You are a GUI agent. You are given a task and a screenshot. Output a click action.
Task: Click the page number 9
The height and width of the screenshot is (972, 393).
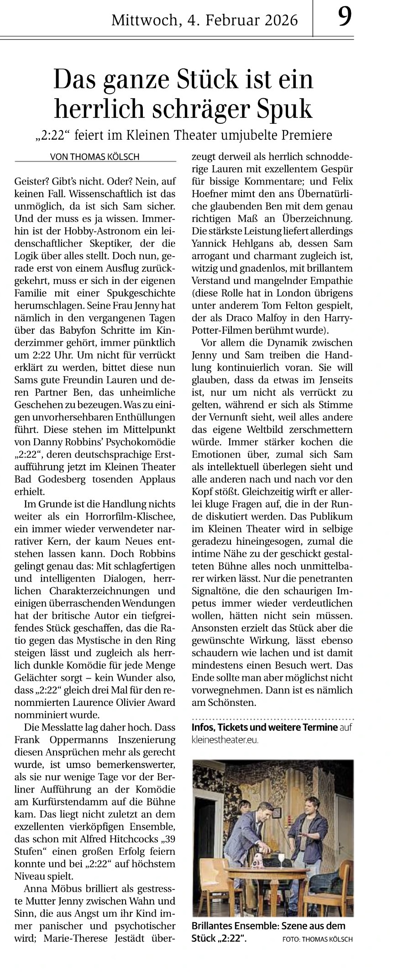click(345, 18)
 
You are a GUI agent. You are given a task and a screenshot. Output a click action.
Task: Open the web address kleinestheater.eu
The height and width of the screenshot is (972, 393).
click(225, 740)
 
